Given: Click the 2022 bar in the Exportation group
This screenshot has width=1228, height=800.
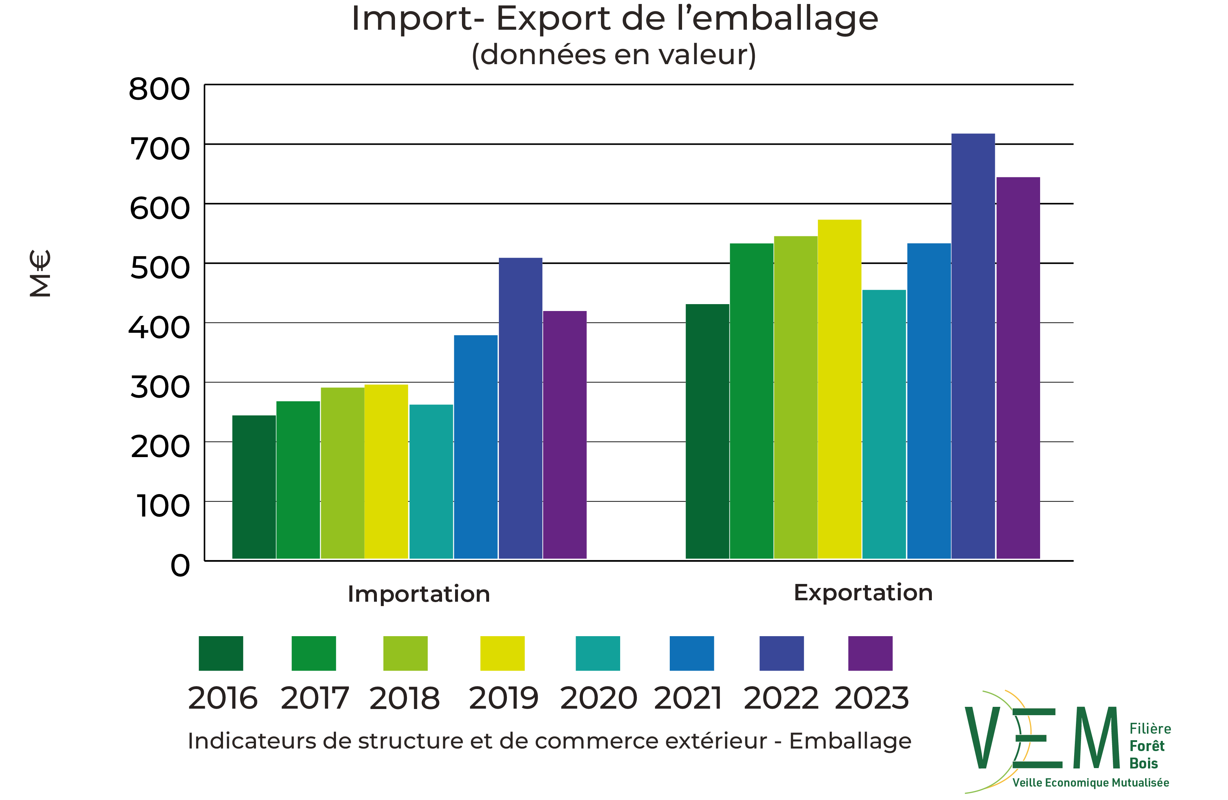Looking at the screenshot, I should [x=973, y=346].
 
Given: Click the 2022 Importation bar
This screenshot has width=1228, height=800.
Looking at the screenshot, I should [x=521, y=408].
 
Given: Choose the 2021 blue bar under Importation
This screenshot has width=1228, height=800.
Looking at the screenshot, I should [x=476, y=447].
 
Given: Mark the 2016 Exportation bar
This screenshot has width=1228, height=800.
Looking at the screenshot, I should [x=707, y=431].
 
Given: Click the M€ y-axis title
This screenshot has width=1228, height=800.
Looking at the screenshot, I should [x=40, y=273].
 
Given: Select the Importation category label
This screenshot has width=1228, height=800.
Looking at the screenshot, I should [x=419, y=594].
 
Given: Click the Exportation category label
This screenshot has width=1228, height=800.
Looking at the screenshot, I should [x=863, y=592].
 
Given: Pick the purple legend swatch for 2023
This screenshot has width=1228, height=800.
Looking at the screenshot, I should [x=870, y=653].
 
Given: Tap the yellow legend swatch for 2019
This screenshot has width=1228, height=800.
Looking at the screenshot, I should [x=502, y=653].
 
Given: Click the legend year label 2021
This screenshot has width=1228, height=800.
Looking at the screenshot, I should [x=688, y=698].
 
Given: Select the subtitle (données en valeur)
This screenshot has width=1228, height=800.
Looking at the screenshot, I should [x=614, y=55].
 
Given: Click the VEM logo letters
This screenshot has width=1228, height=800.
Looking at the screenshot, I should [x=1042, y=738].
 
